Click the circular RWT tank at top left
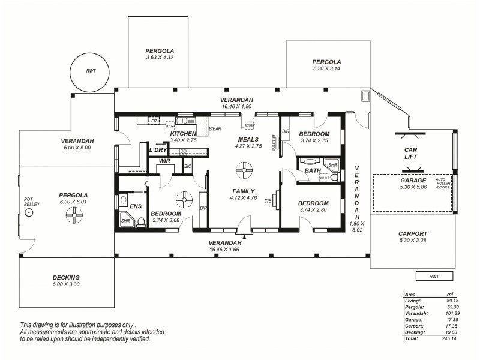tap(91, 71)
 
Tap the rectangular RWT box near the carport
tap(434, 276)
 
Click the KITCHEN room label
tap(183, 133)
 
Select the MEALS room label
tap(248, 139)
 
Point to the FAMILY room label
tap(244, 191)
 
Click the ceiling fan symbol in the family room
tap(244, 172)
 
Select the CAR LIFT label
tap(411, 153)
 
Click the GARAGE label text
tap(413, 180)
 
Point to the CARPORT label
tap(413, 234)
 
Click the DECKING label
tap(66, 277)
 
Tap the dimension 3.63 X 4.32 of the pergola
tap(160, 58)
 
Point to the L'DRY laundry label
tap(158, 149)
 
